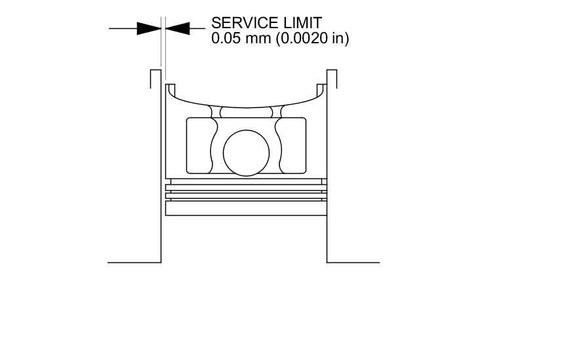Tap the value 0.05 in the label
point(225,39)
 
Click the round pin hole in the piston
point(246,153)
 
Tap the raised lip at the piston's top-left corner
point(170,88)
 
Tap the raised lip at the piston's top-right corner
point(321,88)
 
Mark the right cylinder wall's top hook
point(332,73)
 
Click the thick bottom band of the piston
point(246,209)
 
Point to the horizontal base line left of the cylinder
point(134,262)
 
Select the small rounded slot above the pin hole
point(246,112)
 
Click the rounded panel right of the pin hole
point(292,146)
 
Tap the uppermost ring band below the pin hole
point(246,181)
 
